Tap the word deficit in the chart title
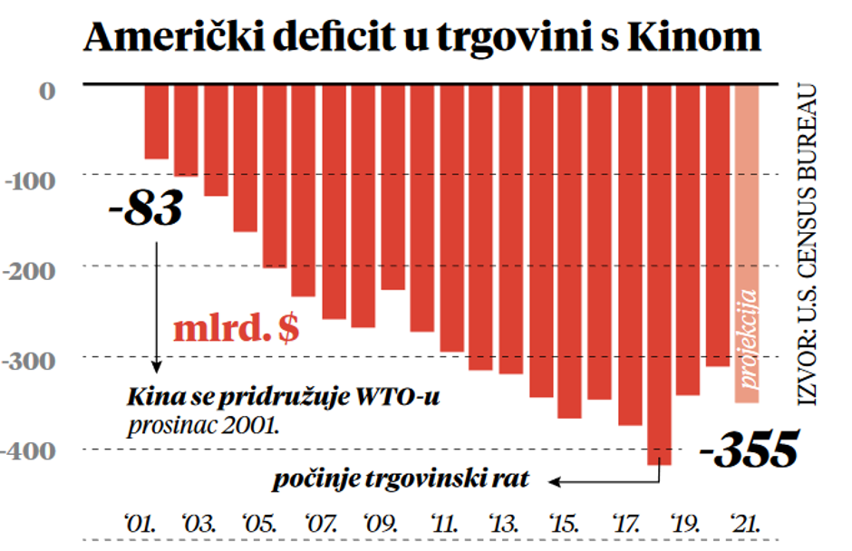(x=305, y=38)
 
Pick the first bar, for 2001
(x=156, y=121)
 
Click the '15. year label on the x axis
(x=562, y=523)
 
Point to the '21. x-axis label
(x=748, y=523)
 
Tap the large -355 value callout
(x=755, y=449)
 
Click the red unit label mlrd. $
(x=237, y=329)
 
